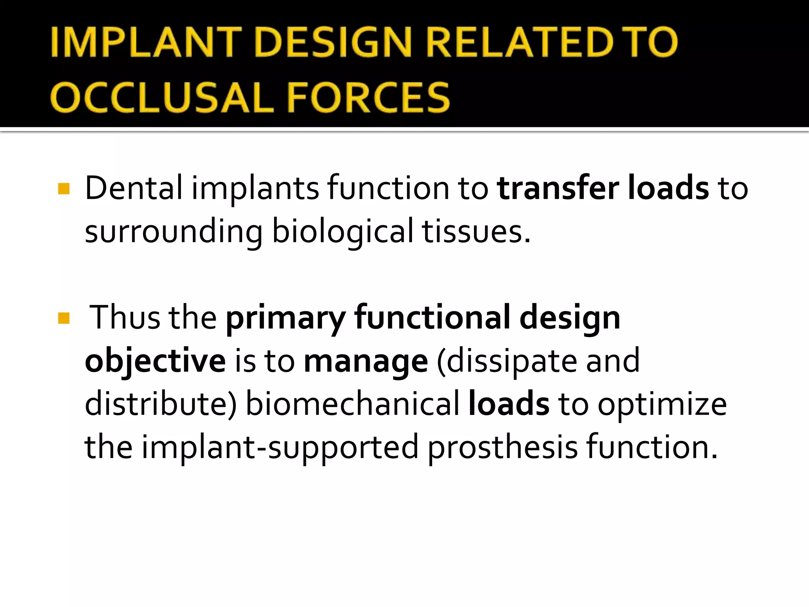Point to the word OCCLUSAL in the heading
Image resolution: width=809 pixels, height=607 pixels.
[x=162, y=98]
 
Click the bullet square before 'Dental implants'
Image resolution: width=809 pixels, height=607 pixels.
[x=64, y=189]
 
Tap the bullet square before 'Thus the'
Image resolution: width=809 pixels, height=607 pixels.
[x=64, y=318]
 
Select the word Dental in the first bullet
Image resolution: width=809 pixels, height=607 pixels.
[x=134, y=188]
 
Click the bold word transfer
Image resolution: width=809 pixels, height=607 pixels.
[x=558, y=188]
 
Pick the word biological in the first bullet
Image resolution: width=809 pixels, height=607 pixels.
[x=342, y=232]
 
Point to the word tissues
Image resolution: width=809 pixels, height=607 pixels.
[x=476, y=232]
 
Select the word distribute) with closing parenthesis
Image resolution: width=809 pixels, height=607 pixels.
[x=160, y=404]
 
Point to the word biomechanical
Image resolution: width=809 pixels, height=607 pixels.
[x=353, y=404]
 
